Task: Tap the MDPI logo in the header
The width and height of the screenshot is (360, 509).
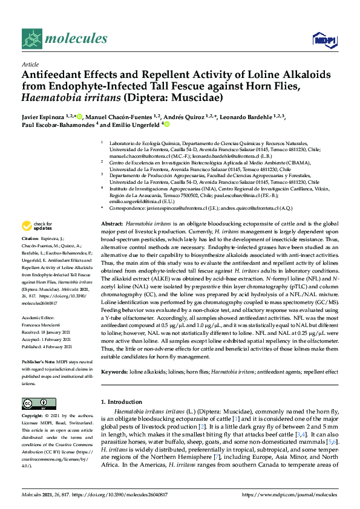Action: click(x=321, y=40)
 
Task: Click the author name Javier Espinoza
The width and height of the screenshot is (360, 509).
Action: click(x=45, y=116)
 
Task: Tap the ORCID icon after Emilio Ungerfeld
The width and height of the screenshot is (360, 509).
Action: click(x=166, y=125)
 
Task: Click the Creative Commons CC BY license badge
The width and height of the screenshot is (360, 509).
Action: click(x=35, y=403)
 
